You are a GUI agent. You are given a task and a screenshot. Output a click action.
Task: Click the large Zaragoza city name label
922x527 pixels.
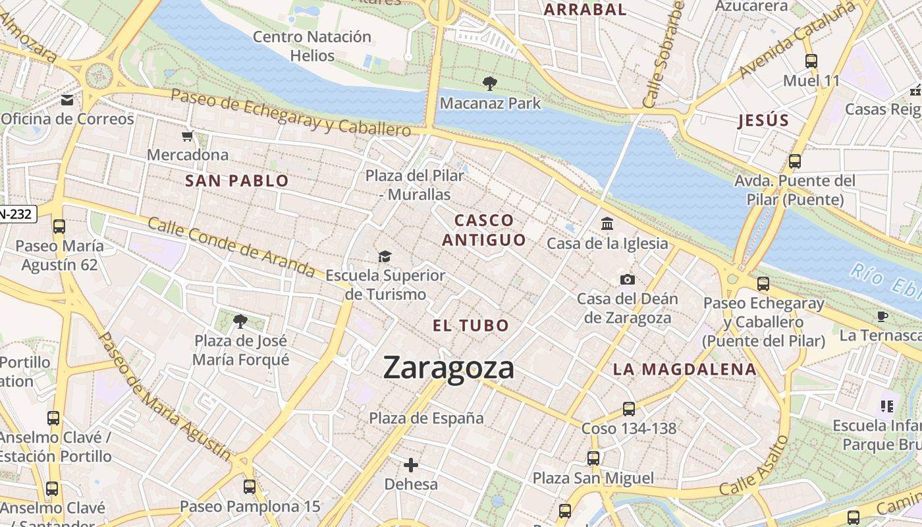pos(448,368)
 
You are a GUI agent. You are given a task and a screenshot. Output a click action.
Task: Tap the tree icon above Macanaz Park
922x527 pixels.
pos(489,84)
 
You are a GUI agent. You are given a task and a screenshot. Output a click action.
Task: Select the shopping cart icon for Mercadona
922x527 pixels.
pos(188,136)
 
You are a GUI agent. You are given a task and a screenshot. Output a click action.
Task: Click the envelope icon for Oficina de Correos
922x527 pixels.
pos(67,100)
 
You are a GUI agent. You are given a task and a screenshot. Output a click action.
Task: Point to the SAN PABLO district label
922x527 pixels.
pos(237,181)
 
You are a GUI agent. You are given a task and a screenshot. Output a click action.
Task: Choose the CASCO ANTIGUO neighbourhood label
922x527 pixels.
pos(484,231)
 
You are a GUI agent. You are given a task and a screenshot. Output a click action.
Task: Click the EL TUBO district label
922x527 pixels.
pos(471,325)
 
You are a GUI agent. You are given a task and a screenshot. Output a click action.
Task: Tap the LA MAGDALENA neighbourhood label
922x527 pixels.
pos(685,370)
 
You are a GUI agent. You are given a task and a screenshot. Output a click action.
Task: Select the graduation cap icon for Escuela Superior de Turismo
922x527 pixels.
pos(385,256)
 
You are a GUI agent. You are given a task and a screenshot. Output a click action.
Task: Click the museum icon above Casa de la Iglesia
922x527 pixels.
pos(607,224)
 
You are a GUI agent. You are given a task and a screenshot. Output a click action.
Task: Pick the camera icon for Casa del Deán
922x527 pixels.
pos(627,279)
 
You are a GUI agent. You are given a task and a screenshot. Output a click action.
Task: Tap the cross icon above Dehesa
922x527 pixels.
pos(411,465)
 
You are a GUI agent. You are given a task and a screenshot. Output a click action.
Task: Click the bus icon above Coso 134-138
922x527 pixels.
pos(629,408)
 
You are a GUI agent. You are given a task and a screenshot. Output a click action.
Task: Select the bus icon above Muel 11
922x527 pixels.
pos(811,61)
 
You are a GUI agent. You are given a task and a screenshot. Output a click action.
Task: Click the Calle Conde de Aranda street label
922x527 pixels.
pos(230,247)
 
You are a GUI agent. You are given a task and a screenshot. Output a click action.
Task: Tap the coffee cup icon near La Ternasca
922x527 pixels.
pos(882,316)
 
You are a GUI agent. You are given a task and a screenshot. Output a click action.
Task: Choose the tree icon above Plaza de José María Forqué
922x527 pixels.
pos(240,321)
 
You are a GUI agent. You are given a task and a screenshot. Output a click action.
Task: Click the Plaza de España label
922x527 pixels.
pos(426,418)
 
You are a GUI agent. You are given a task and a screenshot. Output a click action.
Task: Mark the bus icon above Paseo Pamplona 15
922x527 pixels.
pos(250,487)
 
